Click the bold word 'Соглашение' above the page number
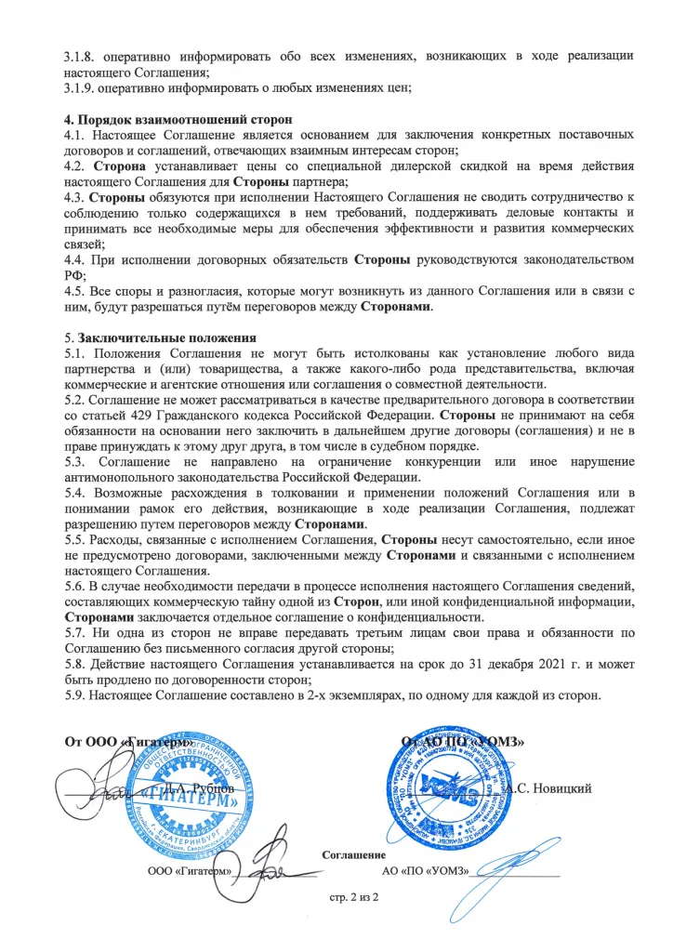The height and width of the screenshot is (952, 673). click(x=354, y=853)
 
